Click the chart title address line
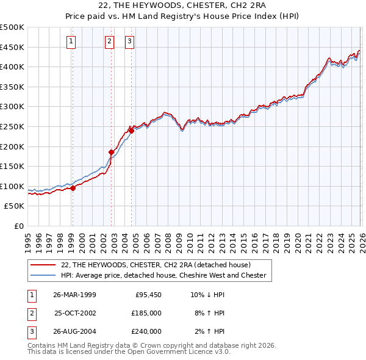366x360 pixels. point(183,5)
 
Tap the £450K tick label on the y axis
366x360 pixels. point(12,47)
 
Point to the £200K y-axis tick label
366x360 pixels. point(12,146)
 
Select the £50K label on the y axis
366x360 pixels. point(15,206)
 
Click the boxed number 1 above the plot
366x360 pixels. point(72,41)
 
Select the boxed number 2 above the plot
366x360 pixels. point(109,41)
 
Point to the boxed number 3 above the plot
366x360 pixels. point(130,41)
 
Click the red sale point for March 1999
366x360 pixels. point(73,188)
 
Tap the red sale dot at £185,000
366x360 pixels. point(112,152)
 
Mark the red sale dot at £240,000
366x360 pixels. point(131,130)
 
